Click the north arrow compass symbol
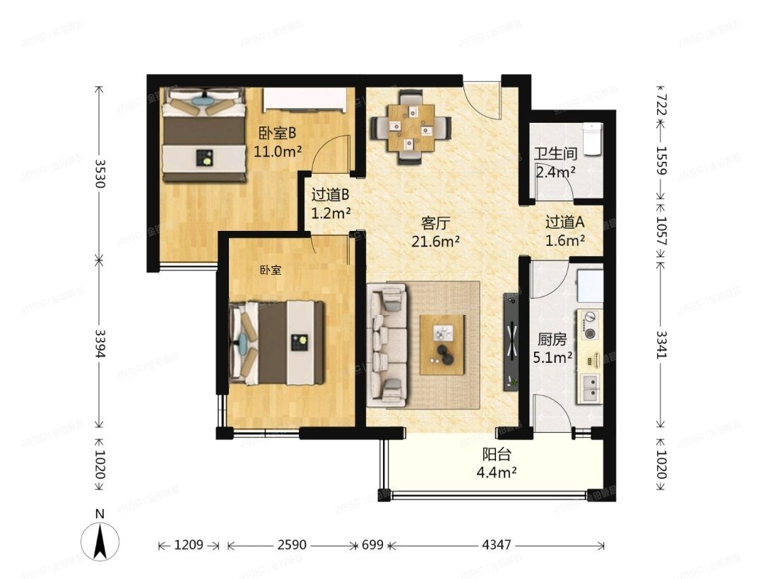(101, 540)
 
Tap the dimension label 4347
(497, 546)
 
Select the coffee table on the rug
(442, 345)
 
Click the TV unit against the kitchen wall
(510, 342)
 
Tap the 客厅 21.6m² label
(436, 232)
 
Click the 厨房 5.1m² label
(551, 348)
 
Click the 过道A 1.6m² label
(564, 230)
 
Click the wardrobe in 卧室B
(307, 100)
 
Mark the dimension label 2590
(292, 546)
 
